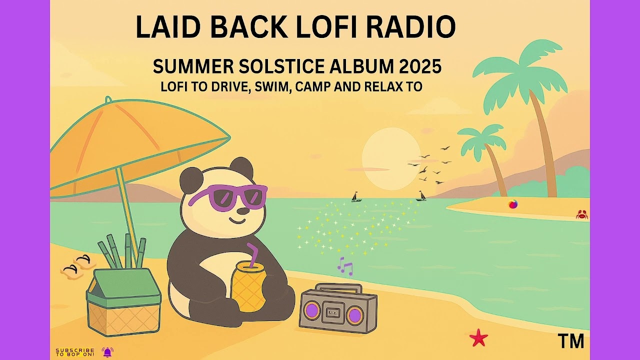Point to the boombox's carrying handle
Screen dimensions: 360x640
(x=338, y=288)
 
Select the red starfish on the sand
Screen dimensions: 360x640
(x=478, y=338)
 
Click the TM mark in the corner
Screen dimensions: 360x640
(x=570, y=341)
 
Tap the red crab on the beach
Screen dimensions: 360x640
(x=581, y=214)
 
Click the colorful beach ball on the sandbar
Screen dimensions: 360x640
(x=512, y=204)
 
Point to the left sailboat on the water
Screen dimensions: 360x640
(x=356, y=196)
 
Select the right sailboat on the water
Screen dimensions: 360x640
(x=421, y=195)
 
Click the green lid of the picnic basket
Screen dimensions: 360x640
(x=123, y=287)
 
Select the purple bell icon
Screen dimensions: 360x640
(x=107, y=352)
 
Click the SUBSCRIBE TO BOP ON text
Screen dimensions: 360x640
(x=74, y=352)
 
